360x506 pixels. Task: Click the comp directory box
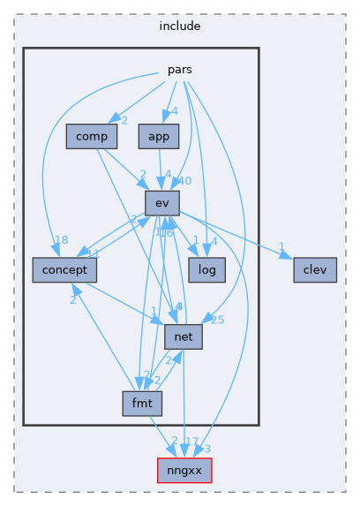coord(92,137)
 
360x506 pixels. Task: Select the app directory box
coord(159,137)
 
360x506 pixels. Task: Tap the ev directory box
coord(161,203)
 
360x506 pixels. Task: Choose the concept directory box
coord(64,269)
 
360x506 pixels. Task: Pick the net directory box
coord(184,336)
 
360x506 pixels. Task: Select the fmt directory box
coord(142,404)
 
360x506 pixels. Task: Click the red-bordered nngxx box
coord(184,471)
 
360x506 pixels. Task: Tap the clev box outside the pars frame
coord(315,269)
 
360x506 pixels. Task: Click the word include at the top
coord(179,26)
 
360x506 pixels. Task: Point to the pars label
coord(180,69)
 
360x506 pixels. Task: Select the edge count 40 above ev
coord(184,181)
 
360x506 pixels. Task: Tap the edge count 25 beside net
coord(217,320)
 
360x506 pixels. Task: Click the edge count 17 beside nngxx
coord(191,441)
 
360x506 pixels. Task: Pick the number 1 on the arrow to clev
coord(280,246)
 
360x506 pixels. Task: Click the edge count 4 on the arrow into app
coord(175,111)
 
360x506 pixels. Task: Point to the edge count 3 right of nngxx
coord(206,449)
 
